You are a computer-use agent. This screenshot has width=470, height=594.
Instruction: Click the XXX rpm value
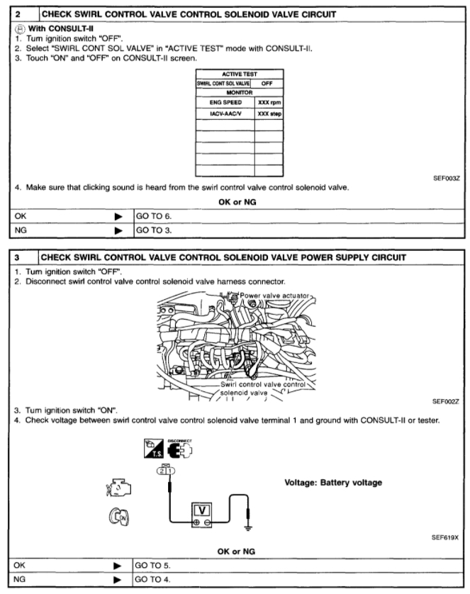tap(269, 101)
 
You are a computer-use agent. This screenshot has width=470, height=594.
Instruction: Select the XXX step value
tap(269, 113)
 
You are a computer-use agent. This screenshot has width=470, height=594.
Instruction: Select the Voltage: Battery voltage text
tap(333, 483)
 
